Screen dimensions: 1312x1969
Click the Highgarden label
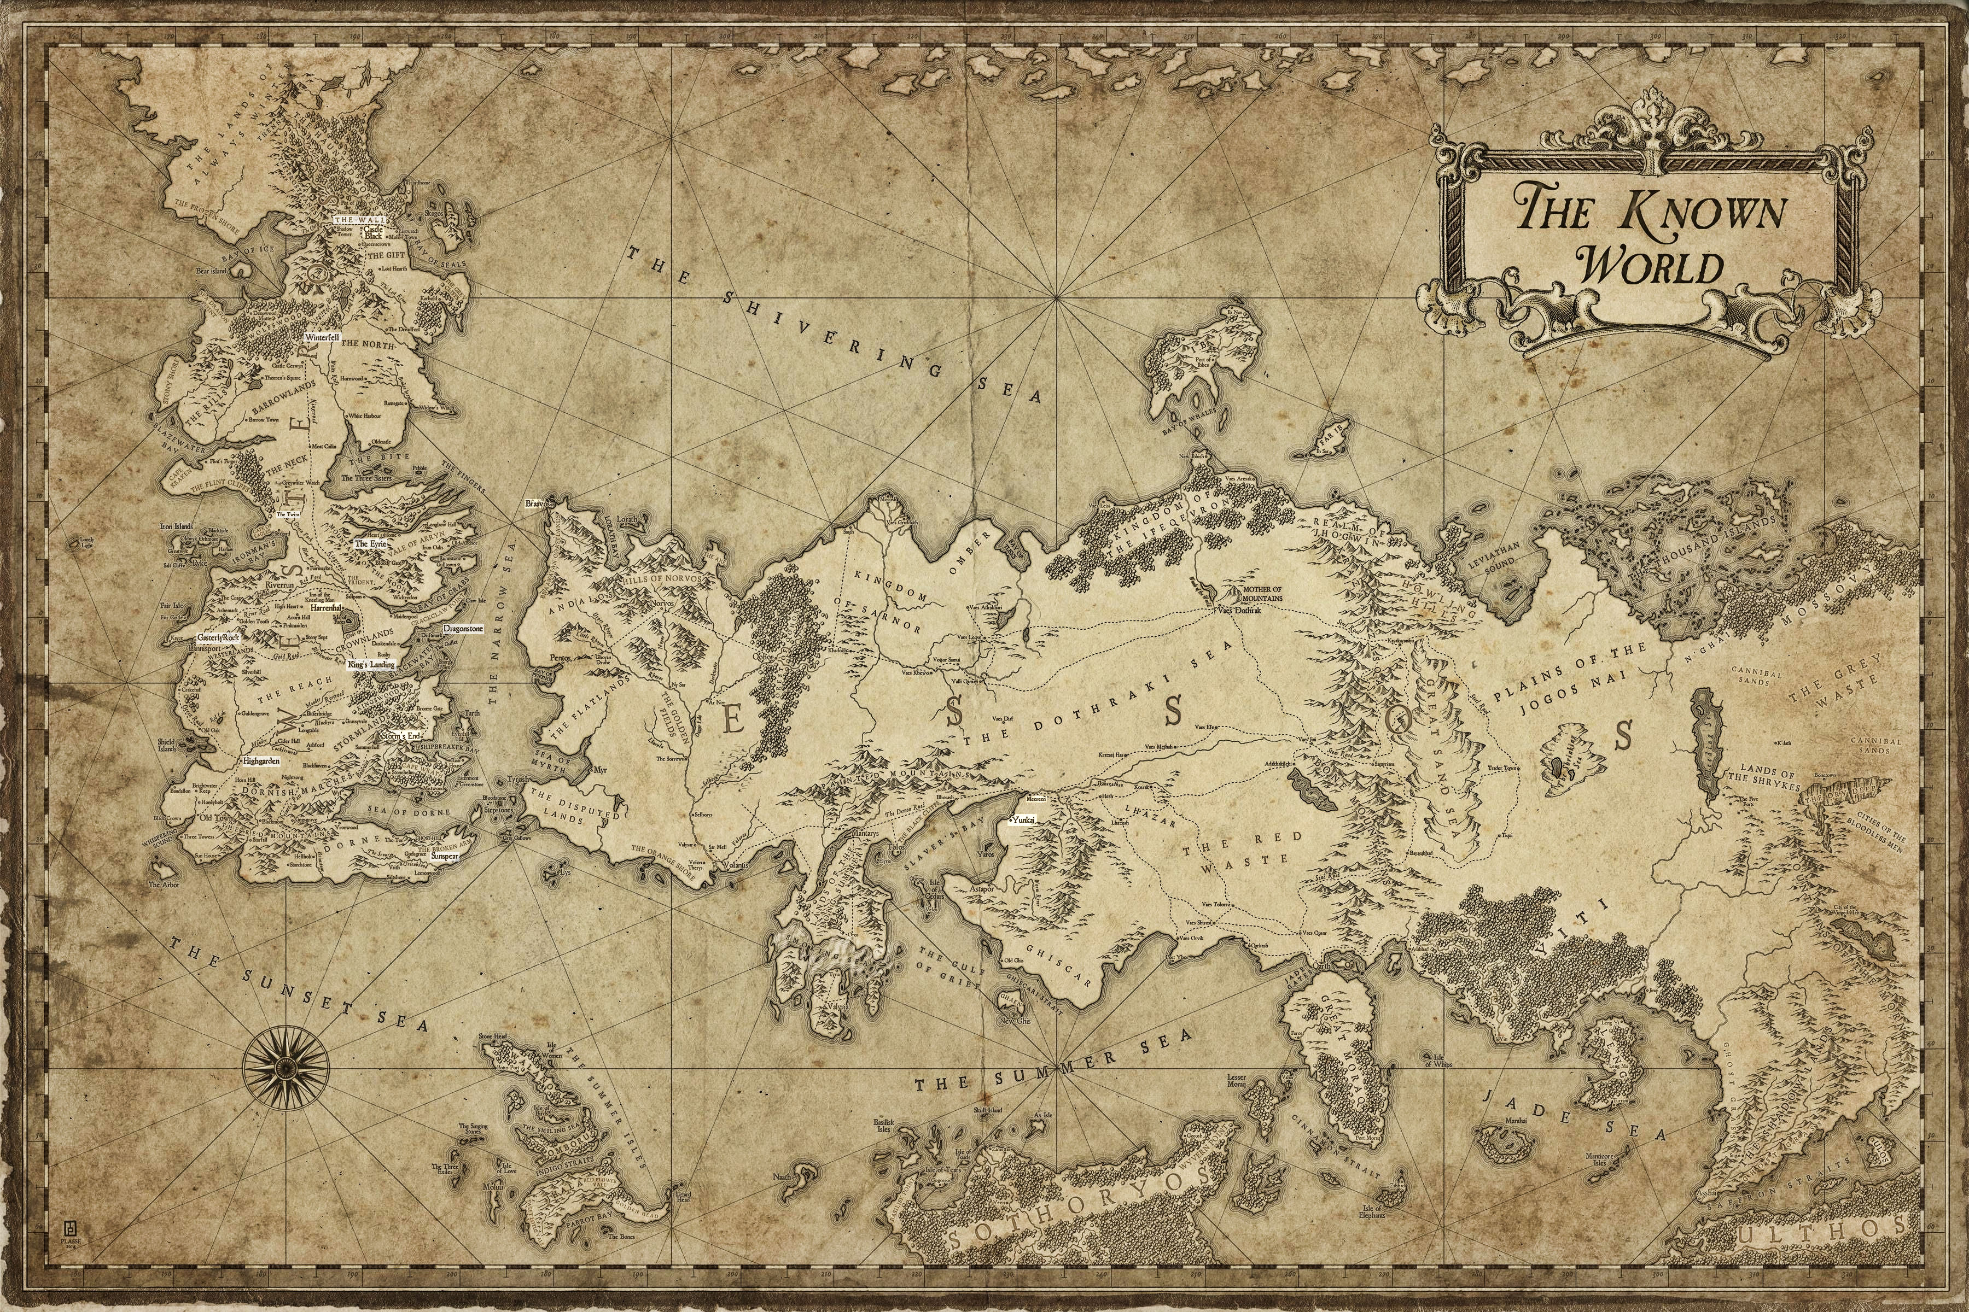(x=260, y=762)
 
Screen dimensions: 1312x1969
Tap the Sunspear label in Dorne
(x=445, y=857)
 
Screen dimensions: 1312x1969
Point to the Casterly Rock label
(x=218, y=637)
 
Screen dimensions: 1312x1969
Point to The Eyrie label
(x=368, y=543)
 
